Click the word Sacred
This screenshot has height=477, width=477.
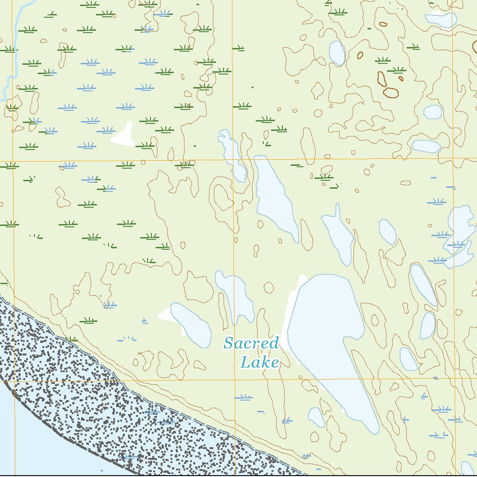pos(251,344)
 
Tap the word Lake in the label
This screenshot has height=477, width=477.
pos(259,362)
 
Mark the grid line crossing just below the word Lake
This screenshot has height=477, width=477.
pos(261,380)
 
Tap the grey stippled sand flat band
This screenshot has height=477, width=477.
pos(116,410)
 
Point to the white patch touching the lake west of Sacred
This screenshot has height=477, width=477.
pos(165,316)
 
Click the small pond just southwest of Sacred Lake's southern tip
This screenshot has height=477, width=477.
pos(316,417)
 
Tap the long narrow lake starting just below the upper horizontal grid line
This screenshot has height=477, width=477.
pos(275,196)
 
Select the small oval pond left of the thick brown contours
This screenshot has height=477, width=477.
pos(337,53)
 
